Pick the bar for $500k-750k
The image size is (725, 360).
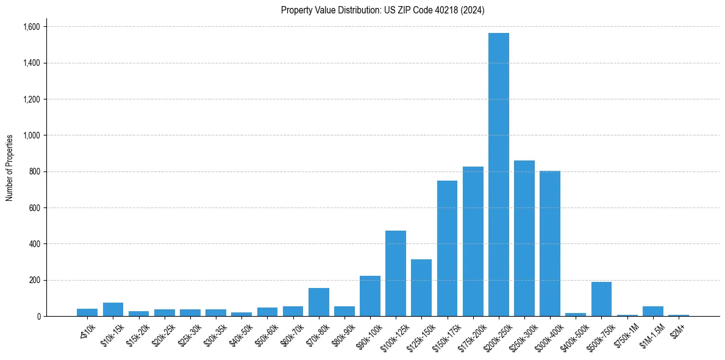(601, 299)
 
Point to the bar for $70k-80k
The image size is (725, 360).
(318, 302)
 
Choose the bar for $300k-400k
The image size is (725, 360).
(549, 243)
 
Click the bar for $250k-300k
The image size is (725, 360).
(524, 238)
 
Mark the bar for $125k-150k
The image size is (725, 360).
(421, 287)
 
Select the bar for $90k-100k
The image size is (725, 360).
(370, 296)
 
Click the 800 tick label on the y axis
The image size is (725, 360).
(35, 171)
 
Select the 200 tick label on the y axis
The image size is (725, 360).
(35, 280)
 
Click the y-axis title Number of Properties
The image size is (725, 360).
(10, 168)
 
